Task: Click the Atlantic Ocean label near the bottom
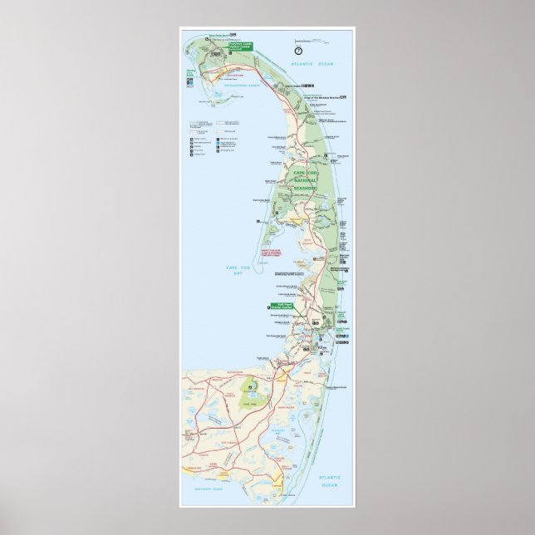(x=330, y=479)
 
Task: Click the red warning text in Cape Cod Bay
(x=273, y=252)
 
